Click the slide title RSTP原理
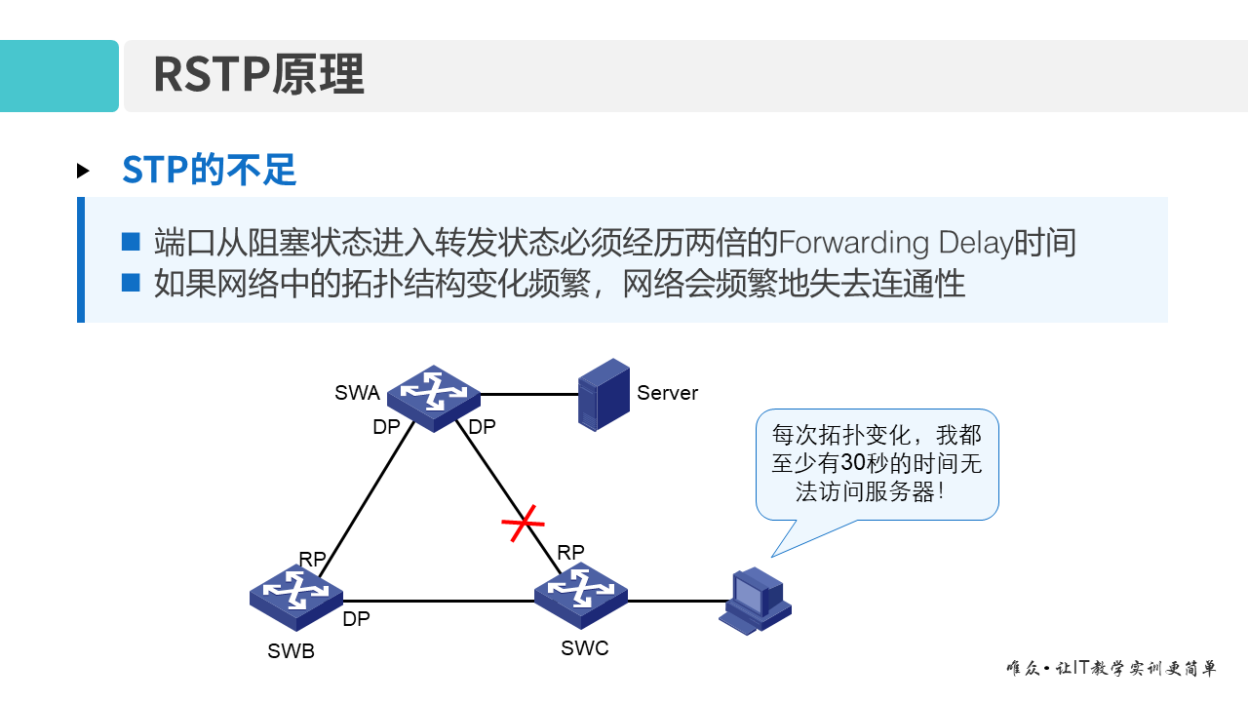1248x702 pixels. click(258, 75)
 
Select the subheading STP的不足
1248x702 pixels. click(209, 171)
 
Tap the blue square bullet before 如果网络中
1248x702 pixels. click(132, 283)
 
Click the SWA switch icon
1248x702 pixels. click(434, 397)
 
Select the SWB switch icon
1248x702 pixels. click(296, 597)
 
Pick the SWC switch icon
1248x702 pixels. click(581, 594)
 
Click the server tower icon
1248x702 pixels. click(604, 394)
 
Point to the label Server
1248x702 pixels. click(667, 393)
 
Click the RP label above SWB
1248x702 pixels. click(312, 559)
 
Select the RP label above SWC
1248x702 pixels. click(570, 552)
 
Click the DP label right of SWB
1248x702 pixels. click(356, 619)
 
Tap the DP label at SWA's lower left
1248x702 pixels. click(386, 427)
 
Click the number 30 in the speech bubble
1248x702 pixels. click(852, 463)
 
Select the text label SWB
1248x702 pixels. click(291, 651)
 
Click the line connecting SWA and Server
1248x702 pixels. click(528, 395)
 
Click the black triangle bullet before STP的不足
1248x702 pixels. click(83, 172)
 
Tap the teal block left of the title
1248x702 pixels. click(58, 76)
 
